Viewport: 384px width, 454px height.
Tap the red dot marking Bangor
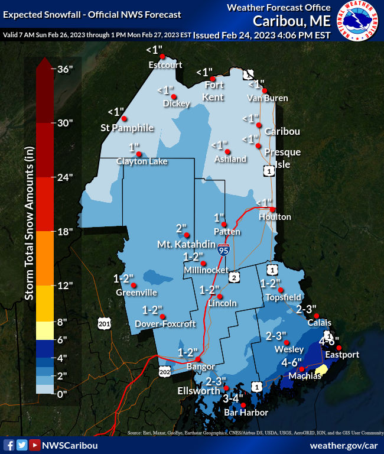[x=198, y=359]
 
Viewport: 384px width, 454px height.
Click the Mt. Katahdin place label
[x=181, y=244]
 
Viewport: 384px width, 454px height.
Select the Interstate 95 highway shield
[x=223, y=249]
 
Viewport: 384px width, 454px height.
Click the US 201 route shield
[x=104, y=323]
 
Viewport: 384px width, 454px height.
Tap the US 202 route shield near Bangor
[x=165, y=371]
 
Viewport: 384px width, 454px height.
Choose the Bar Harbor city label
[x=246, y=412]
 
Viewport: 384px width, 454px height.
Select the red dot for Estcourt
[x=162, y=57]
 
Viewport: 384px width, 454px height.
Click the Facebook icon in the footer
[x=9, y=445]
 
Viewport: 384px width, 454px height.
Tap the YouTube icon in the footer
[x=35, y=445]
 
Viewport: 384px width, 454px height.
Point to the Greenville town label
[x=136, y=292]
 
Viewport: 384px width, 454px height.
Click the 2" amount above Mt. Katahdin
[x=181, y=228]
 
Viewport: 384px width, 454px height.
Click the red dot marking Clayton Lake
[x=141, y=153]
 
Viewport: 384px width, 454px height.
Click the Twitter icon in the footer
[x=22, y=445]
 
